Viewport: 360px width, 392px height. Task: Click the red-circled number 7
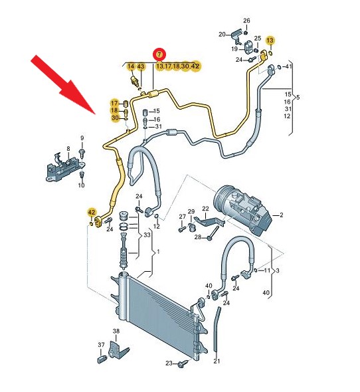pos(159,54)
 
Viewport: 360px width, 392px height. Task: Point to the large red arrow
pos(64,84)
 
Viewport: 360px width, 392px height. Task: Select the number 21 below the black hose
pos(217,361)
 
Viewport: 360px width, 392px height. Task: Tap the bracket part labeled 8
pos(66,167)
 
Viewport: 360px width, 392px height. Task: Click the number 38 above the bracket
pos(116,331)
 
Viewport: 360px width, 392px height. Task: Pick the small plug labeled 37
pos(102,359)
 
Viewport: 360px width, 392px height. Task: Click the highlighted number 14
pos(131,66)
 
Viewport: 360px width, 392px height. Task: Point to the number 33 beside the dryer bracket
pos(147,235)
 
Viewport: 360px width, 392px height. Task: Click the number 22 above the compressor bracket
pos(205,208)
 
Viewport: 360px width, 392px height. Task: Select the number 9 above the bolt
pos(82,138)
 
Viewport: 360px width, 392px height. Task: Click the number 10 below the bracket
pos(81,185)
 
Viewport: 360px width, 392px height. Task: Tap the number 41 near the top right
pos(288,66)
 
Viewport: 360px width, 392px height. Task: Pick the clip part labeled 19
pos(248,47)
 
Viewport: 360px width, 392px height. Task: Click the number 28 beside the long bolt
pos(197,237)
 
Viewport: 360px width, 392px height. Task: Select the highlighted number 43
pos(141,66)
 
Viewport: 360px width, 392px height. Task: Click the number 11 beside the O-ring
pos(267,270)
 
